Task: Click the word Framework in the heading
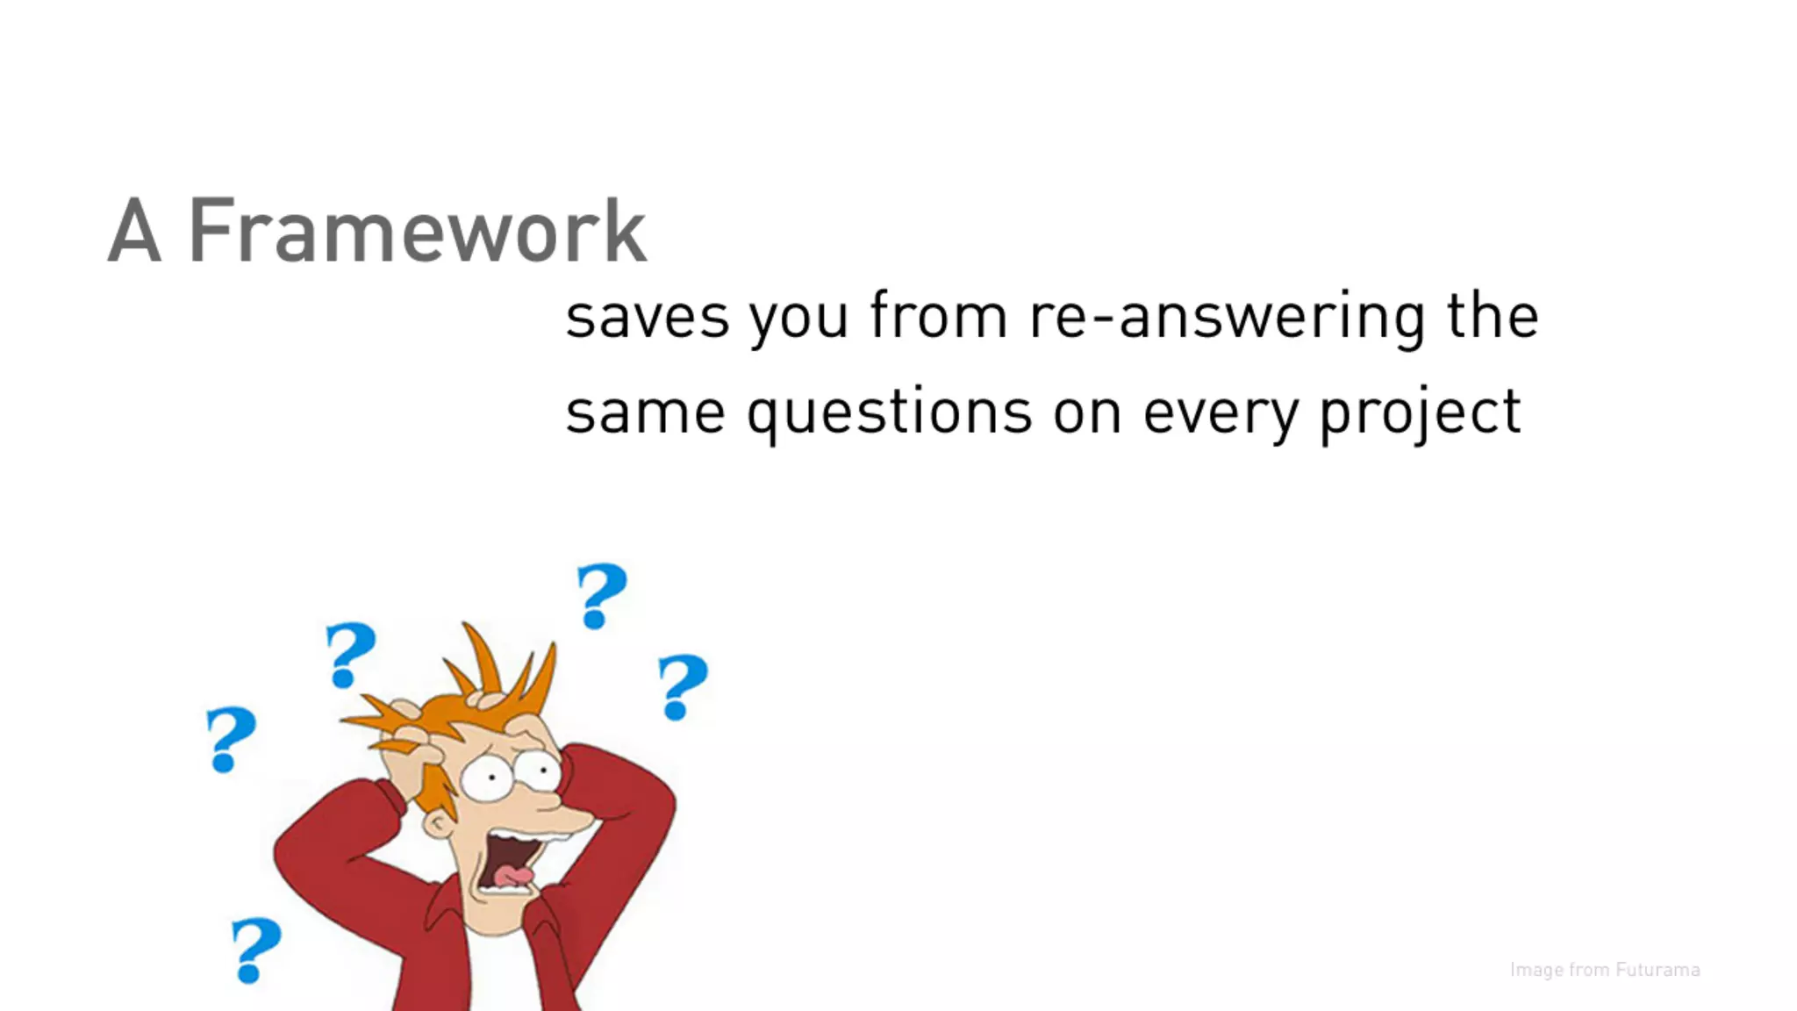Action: pos(418,231)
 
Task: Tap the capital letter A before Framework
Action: pos(134,231)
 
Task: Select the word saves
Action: pos(647,318)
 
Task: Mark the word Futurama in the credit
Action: pos(1657,970)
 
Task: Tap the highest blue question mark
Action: pos(601,596)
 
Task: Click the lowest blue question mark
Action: pos(255,950)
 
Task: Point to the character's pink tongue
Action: pos(512,876)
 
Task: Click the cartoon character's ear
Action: pos(437,823)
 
